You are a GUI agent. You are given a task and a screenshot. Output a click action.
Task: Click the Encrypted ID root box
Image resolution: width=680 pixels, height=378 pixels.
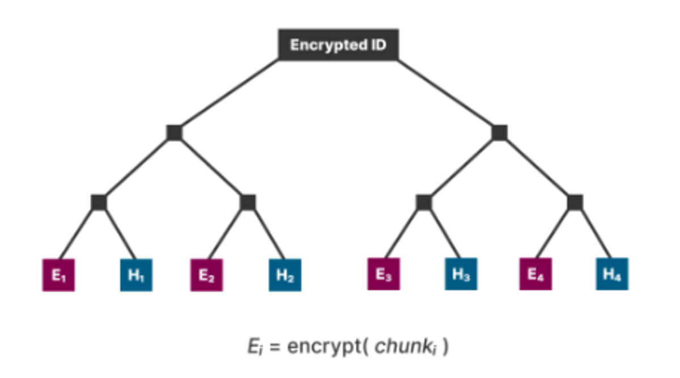(x=338, y=45)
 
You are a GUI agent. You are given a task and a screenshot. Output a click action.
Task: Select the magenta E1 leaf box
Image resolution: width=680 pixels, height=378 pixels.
(x=58, y=275)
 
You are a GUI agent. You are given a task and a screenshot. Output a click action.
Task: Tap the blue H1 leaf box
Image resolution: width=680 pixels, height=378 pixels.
(x=136, y=275)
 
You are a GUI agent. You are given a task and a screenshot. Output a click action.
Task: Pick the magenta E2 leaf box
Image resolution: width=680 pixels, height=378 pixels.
(x=206, y=275)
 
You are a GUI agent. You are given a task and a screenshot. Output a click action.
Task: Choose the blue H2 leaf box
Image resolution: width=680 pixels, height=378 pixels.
(x=284, y=275)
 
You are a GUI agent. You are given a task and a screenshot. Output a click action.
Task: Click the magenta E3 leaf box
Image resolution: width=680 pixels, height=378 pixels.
(x=384, y=274)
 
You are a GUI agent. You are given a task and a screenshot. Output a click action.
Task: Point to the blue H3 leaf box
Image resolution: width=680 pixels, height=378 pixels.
(x=461, y=274)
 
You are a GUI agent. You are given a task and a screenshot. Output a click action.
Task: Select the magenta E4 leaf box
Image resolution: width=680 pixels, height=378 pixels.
(x=535, y=274)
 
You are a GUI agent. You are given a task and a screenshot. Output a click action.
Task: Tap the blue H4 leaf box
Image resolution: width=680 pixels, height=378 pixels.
(x=612, y=274)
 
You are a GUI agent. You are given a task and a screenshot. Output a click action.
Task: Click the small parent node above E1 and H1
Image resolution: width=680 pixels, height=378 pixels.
(x=99, y=202)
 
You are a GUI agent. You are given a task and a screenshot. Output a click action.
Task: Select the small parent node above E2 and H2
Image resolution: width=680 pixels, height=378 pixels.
(x=248, y=202)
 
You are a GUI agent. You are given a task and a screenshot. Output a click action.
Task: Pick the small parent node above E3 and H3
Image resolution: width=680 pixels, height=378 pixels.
(x=424, y=202)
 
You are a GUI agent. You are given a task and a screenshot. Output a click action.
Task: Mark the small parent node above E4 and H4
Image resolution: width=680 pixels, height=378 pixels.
(x=575, y=202)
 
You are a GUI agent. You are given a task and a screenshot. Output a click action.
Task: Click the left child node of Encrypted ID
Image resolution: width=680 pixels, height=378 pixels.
(x=175, y=133)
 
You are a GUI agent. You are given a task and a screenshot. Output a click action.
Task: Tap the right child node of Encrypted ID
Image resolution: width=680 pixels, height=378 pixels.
(x=499, y=133)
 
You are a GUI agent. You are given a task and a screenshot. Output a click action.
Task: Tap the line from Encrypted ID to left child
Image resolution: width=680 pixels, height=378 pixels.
(x=227, y=96)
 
